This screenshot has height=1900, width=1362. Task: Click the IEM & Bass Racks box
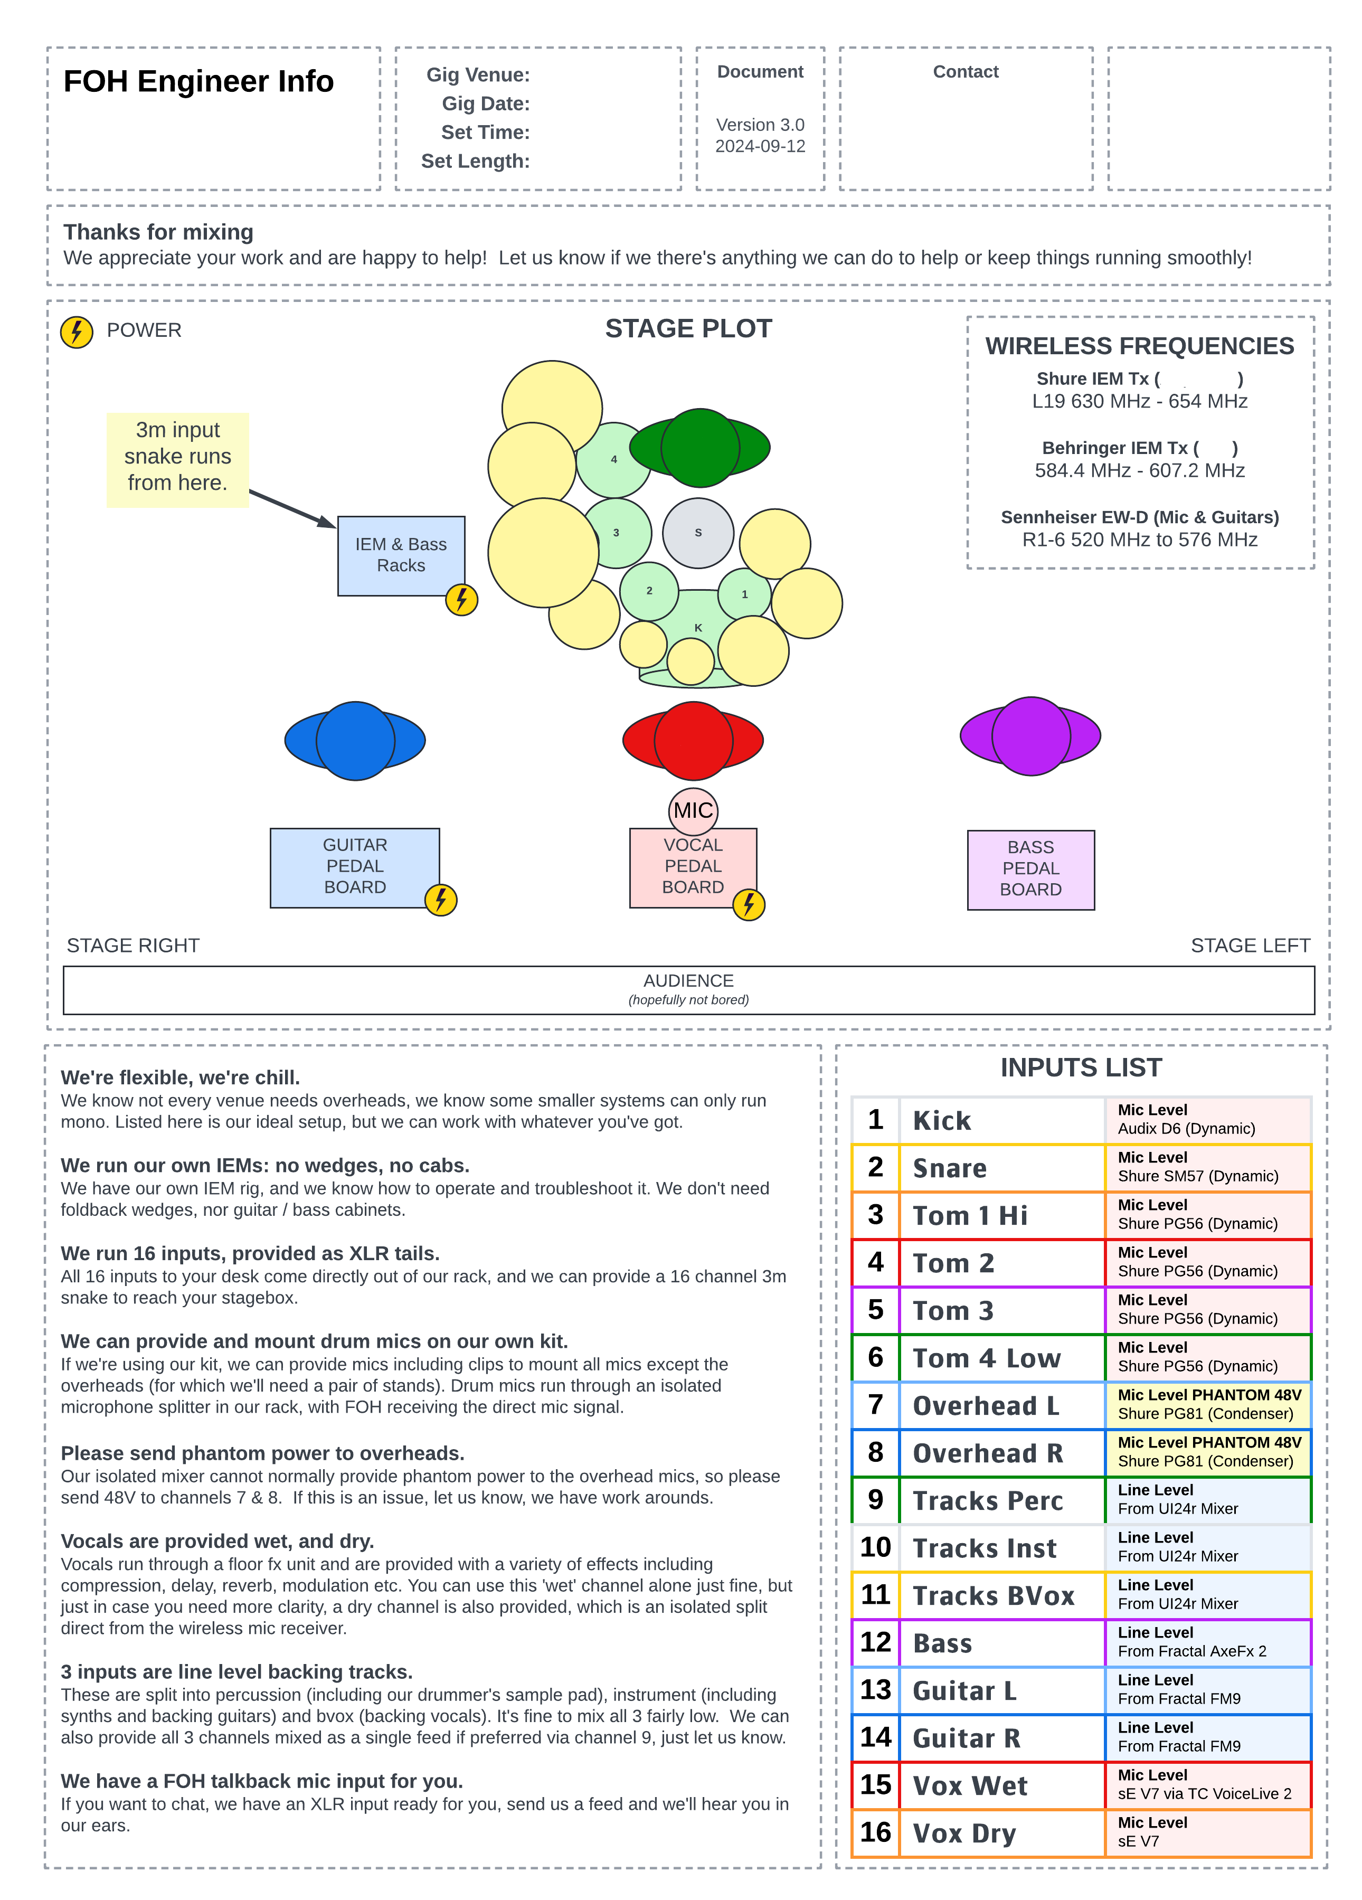pos(400,555)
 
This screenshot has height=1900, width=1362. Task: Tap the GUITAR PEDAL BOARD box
pos(354,866)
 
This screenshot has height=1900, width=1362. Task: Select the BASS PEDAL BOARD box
pos(1030,869)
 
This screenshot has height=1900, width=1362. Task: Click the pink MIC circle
pos(693,810)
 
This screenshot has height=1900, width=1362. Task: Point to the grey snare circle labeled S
pos(698,533)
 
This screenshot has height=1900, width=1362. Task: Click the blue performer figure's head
pos(355,741)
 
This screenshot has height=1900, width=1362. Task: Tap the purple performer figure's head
pos(1030,735)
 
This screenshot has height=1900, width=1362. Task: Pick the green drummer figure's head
pos(699,447)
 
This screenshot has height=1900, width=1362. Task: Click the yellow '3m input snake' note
pos(177,457)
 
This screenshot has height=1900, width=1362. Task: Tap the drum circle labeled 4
pos(614,460)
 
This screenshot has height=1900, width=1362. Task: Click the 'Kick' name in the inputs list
pos(941,1120)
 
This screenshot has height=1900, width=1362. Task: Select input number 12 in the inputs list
pos(875,1642)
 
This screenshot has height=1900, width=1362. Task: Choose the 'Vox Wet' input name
pos(969,1785)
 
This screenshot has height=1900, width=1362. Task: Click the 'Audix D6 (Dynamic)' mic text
pos(1186,1129)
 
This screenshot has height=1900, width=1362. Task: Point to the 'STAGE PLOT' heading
pos(688,328)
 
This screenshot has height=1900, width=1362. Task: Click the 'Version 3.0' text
pos(760,125)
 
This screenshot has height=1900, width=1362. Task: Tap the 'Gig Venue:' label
pos(477,74)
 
